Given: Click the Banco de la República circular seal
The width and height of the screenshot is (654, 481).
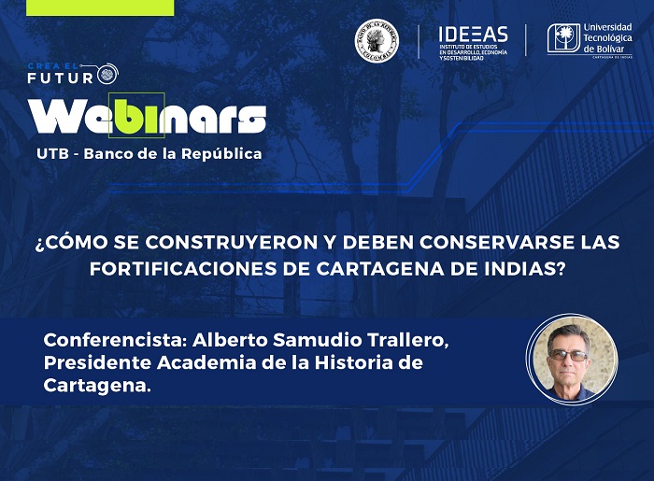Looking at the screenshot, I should (377, 41).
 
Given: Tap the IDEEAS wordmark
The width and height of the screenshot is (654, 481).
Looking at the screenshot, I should (473, 34).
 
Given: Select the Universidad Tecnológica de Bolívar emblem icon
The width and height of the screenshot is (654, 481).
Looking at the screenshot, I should (563, 39).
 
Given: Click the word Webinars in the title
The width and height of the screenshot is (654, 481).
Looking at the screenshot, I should (148, 117).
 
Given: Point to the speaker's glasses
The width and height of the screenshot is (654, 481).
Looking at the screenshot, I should (568, 355).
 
